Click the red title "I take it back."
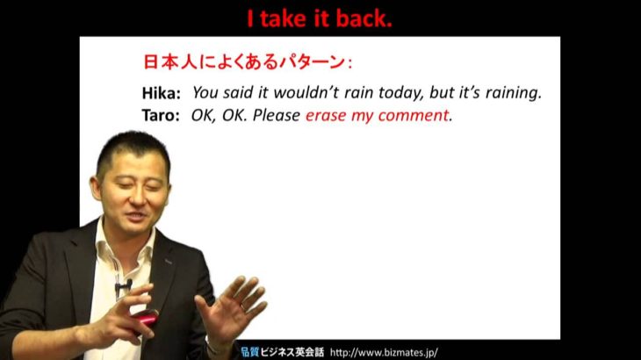click(320, 18)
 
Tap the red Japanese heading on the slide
click(248, 62)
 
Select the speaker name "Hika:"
click(161, 94)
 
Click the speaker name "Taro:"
click(161, 115)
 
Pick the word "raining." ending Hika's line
click(514, 94)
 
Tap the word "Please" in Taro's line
click(277, 115)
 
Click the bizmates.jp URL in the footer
click(384, 352)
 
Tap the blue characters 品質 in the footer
click(249, 352)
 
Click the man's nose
click(137, 197)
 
